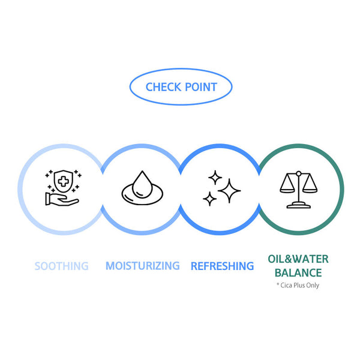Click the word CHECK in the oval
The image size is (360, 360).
tap(163, 87)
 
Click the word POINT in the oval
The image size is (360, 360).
tap(201, 87)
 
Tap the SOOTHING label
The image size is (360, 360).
tap(62, 266)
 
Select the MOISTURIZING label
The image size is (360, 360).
tap(143, 266)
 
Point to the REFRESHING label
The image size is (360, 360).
tap(222, 266)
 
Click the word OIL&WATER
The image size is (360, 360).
tap(298, 259)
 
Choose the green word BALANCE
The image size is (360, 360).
tap(298, 273)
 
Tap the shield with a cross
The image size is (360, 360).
tap(64, 181)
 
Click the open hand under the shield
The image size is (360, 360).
tap(62, 199)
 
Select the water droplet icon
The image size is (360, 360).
tap(142, 184)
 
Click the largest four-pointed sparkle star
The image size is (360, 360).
tap(229, 191)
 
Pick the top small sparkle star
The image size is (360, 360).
tap(215, 178)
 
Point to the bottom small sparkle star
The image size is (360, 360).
tap(209, 199)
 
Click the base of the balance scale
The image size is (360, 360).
tap(298, 205)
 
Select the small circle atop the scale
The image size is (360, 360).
tap(298, 173)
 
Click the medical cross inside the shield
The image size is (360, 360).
tap(64, 181)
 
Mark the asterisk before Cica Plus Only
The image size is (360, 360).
tap(278, 284)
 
